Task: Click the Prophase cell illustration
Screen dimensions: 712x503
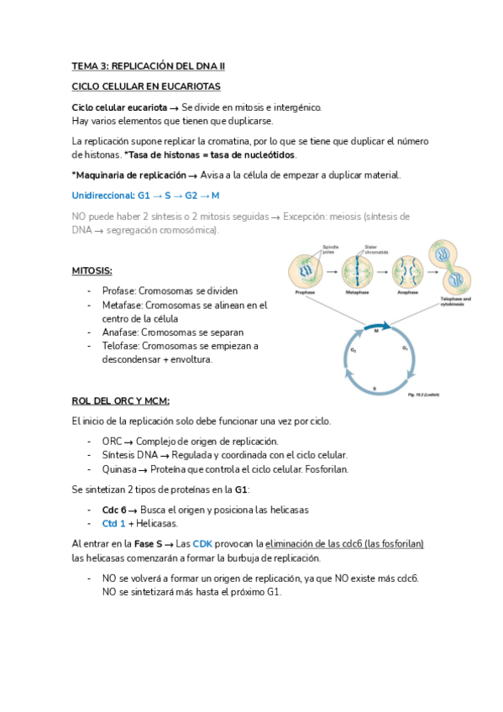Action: coord(306,272)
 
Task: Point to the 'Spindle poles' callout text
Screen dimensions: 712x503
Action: coord(330,249)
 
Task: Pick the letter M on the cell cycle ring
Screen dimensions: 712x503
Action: coord(375,331)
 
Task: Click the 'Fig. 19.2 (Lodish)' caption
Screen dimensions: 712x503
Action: coord(423,394)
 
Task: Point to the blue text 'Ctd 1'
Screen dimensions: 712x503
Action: coord(114,523)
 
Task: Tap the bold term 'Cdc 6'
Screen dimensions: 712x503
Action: coord(114,510)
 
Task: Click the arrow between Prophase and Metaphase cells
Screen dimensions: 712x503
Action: coord(331,272)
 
